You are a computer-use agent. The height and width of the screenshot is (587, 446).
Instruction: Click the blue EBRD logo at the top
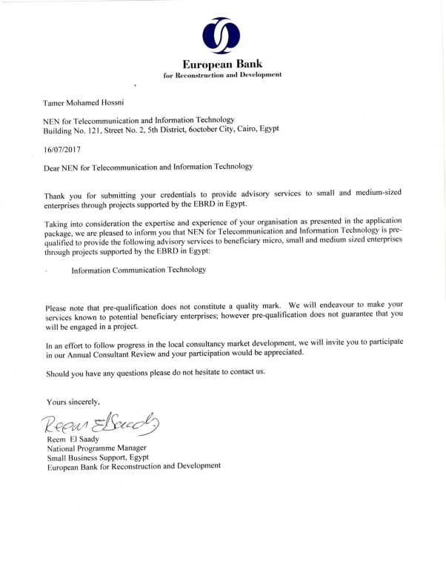(x=221, y=33)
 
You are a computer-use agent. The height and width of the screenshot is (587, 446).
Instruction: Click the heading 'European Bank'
(x=222, y=64)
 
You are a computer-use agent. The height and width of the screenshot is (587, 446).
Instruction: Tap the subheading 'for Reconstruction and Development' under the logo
(x=222, y=76)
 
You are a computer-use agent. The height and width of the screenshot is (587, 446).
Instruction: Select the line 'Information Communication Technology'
(x=139, y=271)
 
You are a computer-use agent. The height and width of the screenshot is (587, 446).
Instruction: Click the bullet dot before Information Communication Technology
(x=47, y=273)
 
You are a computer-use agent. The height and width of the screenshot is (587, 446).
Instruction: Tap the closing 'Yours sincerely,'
(x=73, y=401)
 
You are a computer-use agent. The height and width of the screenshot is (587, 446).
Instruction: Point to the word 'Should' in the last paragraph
(x=59, y=371)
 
